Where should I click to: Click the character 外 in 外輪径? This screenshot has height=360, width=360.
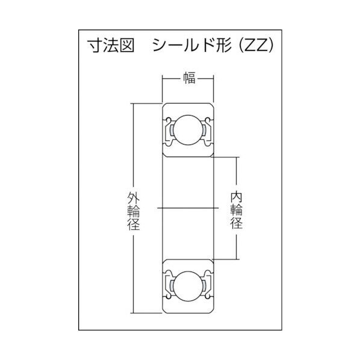[x=133, y=196]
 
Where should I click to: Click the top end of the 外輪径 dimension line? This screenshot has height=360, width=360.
[x=133, y=104]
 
